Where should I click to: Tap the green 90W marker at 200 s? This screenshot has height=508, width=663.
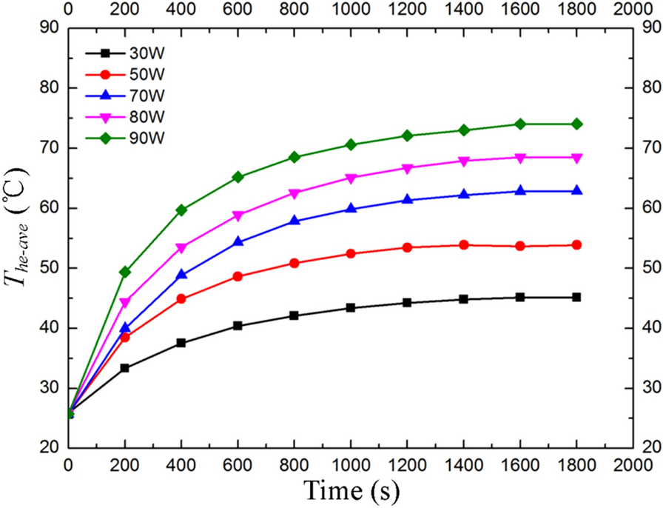125,272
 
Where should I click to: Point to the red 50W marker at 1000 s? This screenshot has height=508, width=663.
351,253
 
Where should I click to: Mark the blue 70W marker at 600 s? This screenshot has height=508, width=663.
238,241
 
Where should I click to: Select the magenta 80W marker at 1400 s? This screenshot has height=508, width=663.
464,161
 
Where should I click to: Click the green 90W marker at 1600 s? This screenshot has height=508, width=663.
520,124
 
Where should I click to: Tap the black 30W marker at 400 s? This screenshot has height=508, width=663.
181,343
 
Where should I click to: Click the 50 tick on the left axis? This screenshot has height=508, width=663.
50,268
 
